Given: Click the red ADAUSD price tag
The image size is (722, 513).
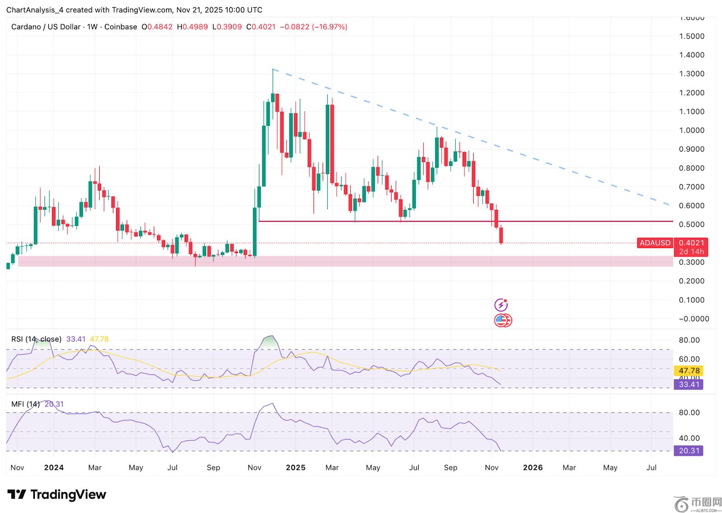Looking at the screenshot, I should (655, 243).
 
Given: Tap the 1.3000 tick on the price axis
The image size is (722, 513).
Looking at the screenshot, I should (691, 74).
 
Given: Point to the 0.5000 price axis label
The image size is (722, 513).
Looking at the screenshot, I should (691, 225).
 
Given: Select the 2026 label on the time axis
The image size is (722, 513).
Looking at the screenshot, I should (532, 467).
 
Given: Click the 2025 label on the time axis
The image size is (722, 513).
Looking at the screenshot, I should (296, 467).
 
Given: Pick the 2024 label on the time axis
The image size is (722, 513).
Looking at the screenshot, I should (54, 467).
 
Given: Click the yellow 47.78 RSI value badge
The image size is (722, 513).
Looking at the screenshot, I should (689, 371).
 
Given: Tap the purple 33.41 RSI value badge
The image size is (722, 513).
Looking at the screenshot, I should (689, 384).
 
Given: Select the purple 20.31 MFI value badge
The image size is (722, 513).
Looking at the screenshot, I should (689, 451).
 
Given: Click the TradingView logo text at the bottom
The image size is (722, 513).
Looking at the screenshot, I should (68, 495).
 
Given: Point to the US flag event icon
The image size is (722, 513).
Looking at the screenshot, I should (500, 320).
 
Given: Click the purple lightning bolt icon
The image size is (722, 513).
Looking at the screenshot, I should (500, 305).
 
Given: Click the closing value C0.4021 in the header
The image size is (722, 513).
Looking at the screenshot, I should (261, 27).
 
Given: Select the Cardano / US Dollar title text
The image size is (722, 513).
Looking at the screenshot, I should (46, 27).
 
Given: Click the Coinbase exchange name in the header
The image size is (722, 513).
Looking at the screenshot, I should (120, 27).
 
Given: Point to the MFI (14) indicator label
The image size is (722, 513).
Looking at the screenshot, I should (25, 404).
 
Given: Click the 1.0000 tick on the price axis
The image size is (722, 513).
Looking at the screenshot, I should (691, 130).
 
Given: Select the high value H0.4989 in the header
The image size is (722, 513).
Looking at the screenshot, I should (192, 27).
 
